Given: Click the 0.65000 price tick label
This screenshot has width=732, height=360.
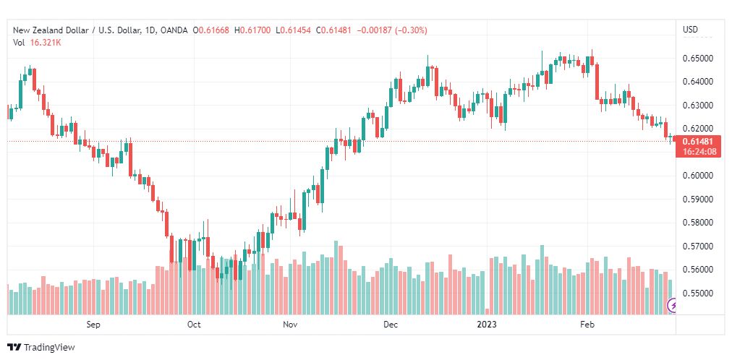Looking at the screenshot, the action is [699, 59].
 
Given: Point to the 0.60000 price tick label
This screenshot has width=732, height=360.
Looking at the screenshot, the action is [699, 176].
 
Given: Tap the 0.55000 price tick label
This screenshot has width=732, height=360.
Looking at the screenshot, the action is [699, 293].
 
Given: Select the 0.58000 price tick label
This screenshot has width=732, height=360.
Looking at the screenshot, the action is [699, 223].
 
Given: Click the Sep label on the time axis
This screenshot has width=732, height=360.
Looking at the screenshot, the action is [93, 324].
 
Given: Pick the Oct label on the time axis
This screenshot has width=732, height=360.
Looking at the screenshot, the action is [194, 324].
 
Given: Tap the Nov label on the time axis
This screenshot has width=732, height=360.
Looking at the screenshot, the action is [290, 324].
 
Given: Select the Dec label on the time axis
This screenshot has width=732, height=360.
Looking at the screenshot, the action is [391, 324].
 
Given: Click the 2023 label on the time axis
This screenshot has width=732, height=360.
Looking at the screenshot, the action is [488, 324].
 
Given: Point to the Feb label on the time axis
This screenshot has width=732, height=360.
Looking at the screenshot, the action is [587, 324].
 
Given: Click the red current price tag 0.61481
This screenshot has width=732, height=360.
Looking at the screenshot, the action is [699, 147].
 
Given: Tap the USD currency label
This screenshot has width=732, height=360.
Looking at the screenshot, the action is [691, 30].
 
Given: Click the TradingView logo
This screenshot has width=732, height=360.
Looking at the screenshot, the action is [41, 348].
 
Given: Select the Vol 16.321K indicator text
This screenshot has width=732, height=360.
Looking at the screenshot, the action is [38, 43].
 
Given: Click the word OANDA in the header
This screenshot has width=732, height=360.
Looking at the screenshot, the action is [174, 30].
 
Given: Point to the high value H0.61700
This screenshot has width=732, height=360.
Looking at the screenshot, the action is [252, 30].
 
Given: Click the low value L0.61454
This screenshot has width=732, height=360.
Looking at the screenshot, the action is [293, 30].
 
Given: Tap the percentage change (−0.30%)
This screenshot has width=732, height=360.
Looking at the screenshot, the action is [411, 30].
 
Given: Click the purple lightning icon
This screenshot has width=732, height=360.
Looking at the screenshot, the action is [672, 306].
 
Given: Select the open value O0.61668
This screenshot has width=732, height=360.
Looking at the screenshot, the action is [210, 30].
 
